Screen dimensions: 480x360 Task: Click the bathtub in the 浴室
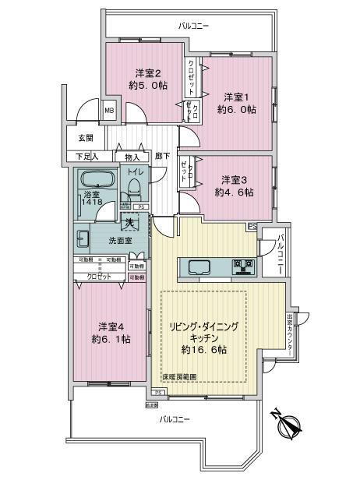[x=97, y=178]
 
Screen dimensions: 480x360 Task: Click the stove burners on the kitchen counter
[x=244, y=267]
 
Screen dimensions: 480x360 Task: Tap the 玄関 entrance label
[x=85, y=138]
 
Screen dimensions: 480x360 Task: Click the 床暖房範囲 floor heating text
[x=178, y=376]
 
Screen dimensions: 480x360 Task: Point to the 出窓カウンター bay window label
[x=289, y=333]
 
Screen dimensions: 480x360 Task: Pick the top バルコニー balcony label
[x=193, y=26]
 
